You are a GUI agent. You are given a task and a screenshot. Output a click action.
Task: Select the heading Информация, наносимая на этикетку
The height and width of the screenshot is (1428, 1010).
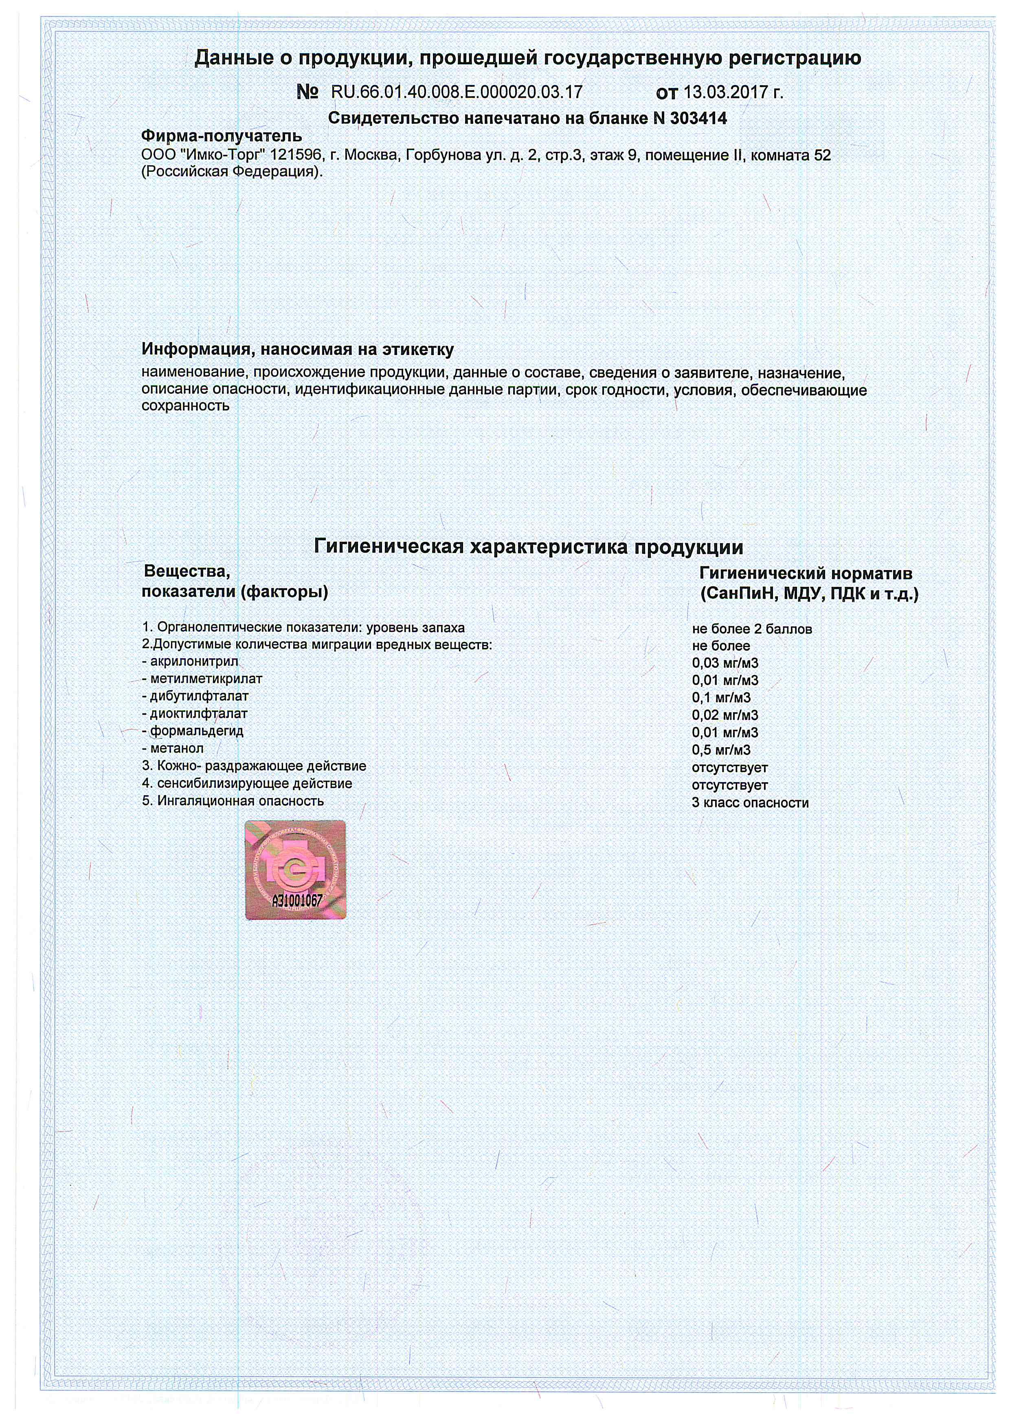coord(298,349)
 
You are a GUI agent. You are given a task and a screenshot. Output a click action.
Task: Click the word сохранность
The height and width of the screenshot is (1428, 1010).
coord(185,406)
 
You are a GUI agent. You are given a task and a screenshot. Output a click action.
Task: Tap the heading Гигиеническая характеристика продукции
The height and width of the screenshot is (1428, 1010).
coord(528,547)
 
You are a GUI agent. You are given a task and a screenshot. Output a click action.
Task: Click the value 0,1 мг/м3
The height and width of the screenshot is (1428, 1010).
coord(721,698)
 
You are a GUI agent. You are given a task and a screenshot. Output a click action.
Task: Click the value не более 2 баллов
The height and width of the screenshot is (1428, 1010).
coord(752,629)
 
